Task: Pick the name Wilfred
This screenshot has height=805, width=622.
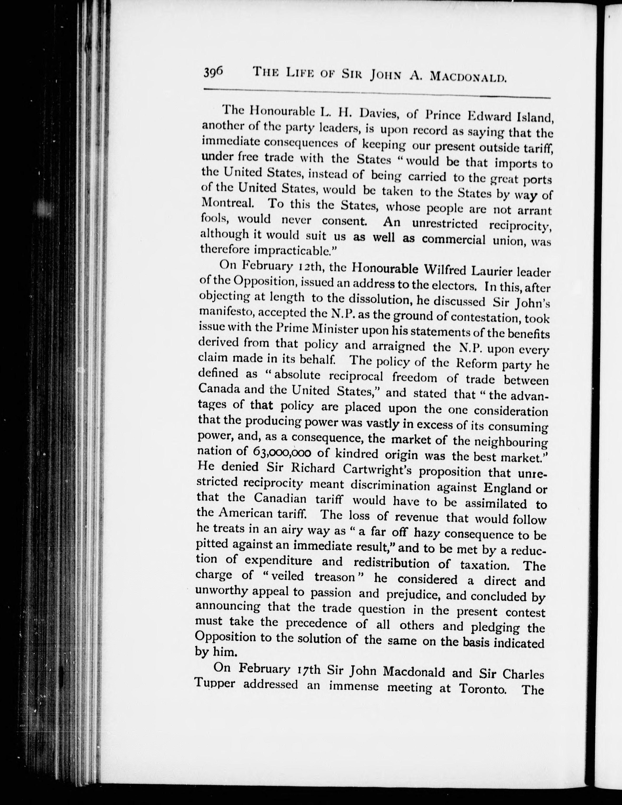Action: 450,270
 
